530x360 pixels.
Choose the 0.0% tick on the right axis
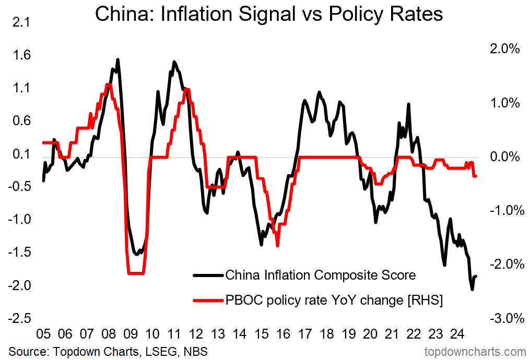[x=504, y=157]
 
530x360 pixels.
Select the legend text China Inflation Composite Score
[x=320, y=275]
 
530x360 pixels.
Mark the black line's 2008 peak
[x=117, y=59]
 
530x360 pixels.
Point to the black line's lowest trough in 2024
[x=472, y=290]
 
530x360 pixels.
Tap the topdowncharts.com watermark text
[x=476, y=351]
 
